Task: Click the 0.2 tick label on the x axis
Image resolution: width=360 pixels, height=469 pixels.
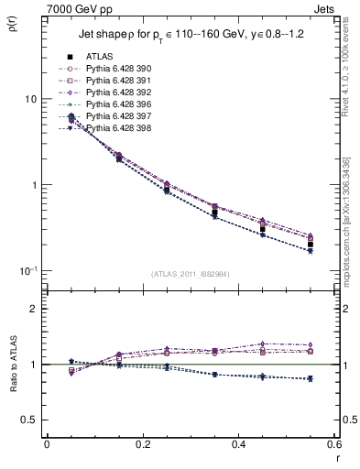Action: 142,446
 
